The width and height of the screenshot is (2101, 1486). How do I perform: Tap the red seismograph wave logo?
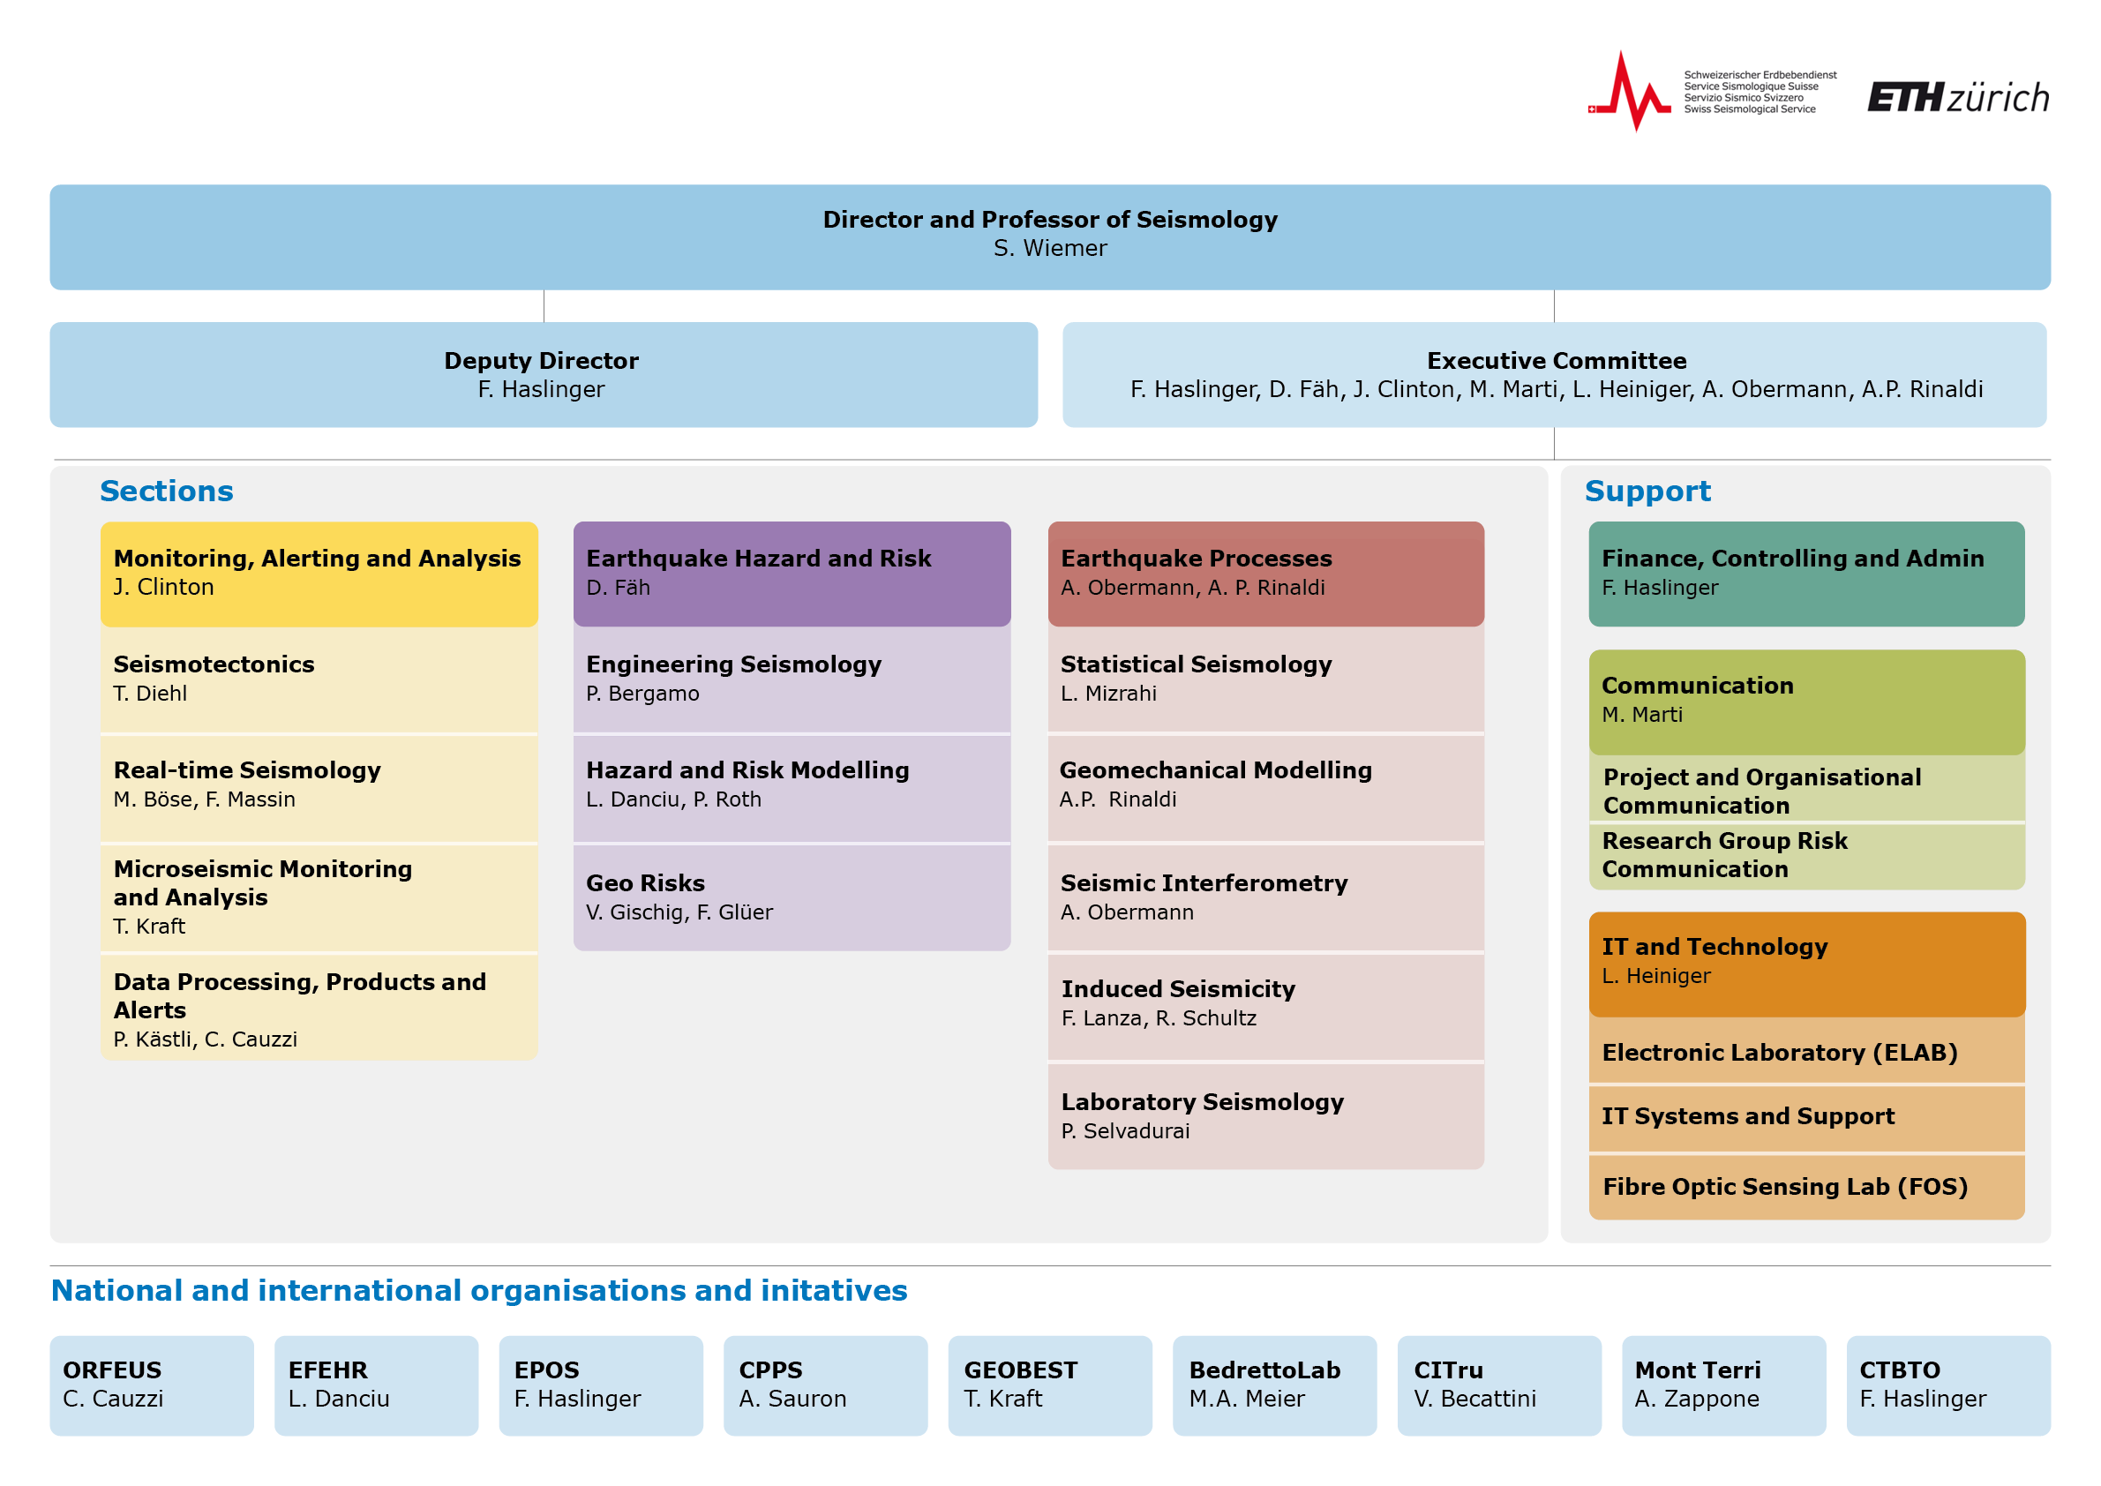click(1629, 92)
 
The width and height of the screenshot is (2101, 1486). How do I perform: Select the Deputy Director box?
click(544, 374)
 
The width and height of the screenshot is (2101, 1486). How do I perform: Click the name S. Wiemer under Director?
click(1049, 248)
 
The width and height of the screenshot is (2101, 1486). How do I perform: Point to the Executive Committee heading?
click(1557, 361)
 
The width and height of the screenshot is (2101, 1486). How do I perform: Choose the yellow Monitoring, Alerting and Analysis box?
click(319, 574)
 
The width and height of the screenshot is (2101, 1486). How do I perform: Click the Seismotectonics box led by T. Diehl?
click(319, 679)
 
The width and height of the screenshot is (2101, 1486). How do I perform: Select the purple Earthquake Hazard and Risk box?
click(792, 574)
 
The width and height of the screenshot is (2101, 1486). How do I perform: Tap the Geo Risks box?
click(792, 897)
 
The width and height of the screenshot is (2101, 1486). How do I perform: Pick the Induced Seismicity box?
click(1265, 1007)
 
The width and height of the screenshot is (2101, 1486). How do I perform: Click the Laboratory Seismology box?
click(1265, 1116)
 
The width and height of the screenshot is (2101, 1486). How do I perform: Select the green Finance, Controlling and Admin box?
click(1806, 574)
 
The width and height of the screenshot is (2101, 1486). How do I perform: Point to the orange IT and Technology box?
click(1806, 964)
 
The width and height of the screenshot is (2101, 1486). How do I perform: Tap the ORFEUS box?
click(152, 1385)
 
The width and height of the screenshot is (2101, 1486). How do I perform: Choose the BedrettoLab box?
click(1275, 1385)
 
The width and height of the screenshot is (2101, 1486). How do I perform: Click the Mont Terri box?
click(1724, 1385)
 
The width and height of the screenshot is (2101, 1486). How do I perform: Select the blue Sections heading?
click(167, 492)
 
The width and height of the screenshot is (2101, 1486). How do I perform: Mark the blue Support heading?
click(1647, 492)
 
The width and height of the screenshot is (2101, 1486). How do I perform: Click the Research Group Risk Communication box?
click(1806, 857)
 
